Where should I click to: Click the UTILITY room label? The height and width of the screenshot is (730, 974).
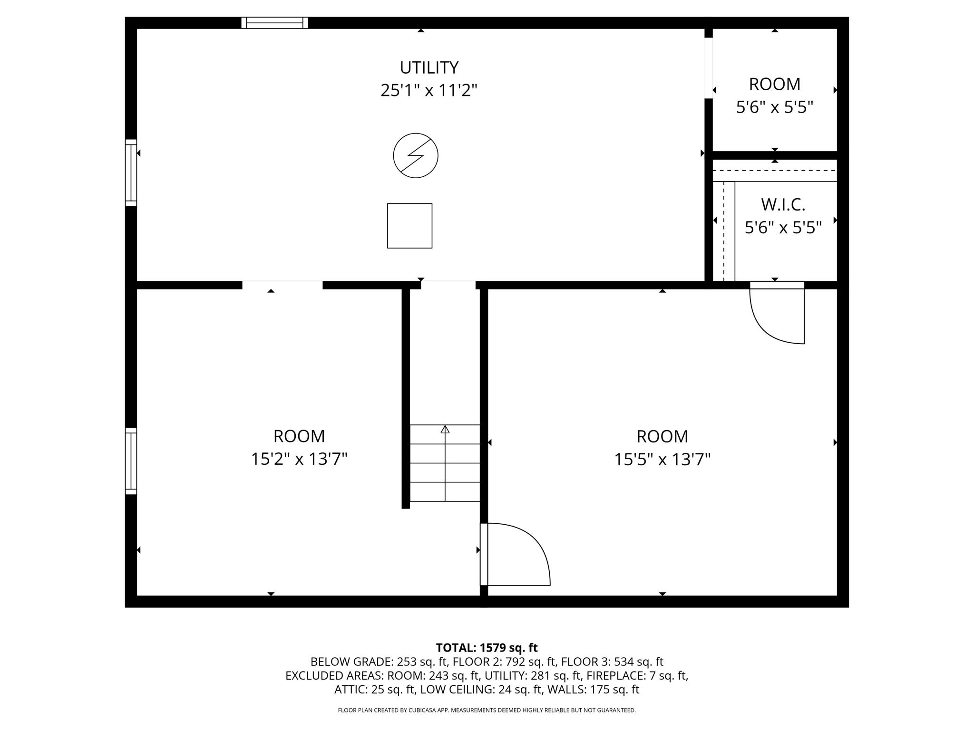click(429, 68)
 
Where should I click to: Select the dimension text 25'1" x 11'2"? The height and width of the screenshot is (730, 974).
click(429, 90)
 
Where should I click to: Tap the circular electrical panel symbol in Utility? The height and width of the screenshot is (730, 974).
click(416, 155)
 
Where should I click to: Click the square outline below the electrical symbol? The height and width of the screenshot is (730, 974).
click(409, 226)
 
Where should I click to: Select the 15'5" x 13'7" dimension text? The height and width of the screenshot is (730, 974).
click(662, 460)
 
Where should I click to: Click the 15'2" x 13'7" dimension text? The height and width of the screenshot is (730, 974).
click(299, 459)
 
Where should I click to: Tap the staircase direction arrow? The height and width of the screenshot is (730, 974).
click(445, 430)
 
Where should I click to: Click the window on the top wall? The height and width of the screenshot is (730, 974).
click(275, 23)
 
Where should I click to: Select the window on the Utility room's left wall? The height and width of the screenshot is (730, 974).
click(131, 173)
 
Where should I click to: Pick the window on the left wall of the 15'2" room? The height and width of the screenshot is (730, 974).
click(131, 461)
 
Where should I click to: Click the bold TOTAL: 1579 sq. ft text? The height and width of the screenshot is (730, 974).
click(487, 648)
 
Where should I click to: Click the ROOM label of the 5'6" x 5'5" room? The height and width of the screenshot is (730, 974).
click(775, 84)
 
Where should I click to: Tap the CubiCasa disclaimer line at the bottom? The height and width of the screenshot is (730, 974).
click(487, 710)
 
